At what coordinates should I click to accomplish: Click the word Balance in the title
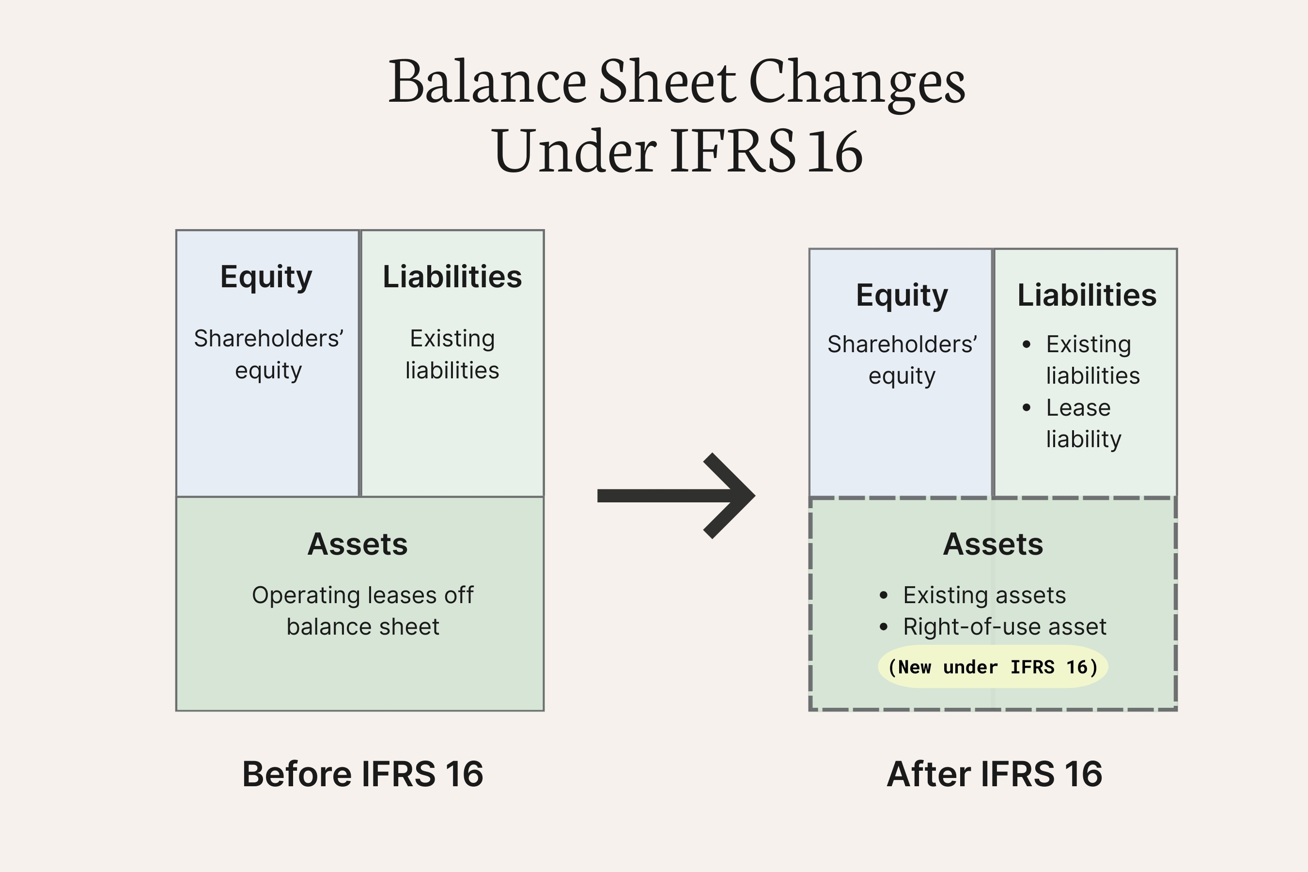[487, 82]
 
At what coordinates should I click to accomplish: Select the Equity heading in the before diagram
[266, 277]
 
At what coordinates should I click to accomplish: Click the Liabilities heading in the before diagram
[452, 277]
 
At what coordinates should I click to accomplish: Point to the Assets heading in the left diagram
[358, 544]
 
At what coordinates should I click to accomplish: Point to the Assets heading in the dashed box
[993, 544]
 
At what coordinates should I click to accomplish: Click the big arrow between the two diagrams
[676, 496]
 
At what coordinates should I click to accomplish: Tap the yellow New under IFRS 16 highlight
[993, 667]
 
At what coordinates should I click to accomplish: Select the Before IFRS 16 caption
[362, 774]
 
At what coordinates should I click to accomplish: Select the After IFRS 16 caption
[995, 774]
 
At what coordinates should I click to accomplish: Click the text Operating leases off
[362, 595]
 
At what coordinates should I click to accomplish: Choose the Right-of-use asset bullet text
[1004, 627]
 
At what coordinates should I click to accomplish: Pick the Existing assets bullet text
[984, 595]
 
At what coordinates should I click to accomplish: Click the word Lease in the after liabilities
[1078, 407]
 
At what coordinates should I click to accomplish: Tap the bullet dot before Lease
[1027, 407]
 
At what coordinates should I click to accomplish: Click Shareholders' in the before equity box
[268, 339]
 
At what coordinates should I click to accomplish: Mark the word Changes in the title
[857, 82]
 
